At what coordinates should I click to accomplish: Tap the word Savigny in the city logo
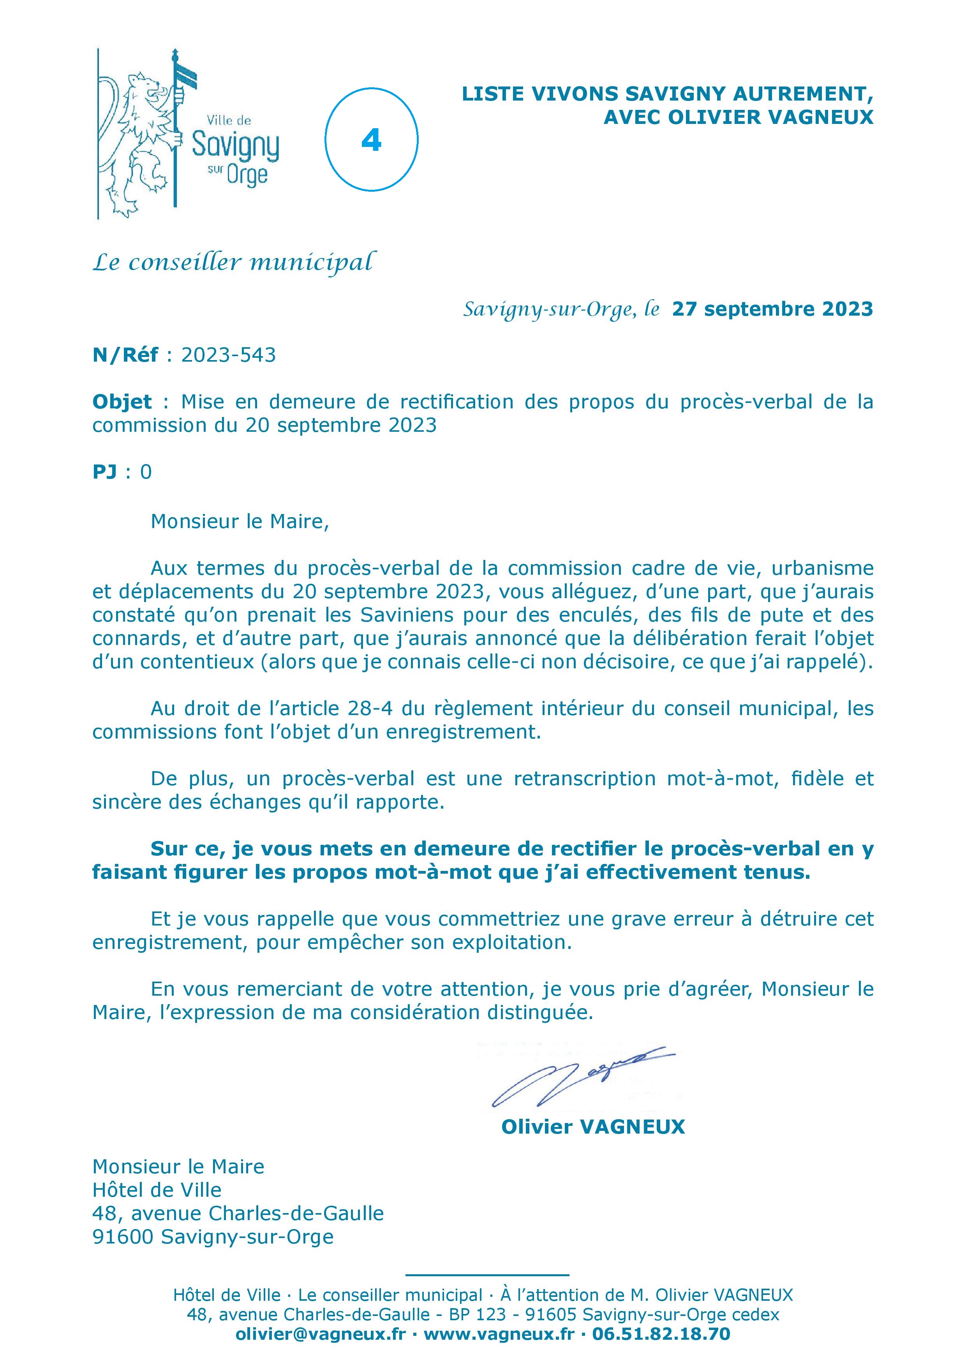click(235, 145)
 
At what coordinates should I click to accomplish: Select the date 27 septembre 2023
click(772, 309)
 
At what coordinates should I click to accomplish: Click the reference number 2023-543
click(229, 355)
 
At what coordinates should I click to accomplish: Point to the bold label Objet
click(122, 402)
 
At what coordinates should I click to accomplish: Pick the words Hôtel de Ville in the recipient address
click(157, 1190)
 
